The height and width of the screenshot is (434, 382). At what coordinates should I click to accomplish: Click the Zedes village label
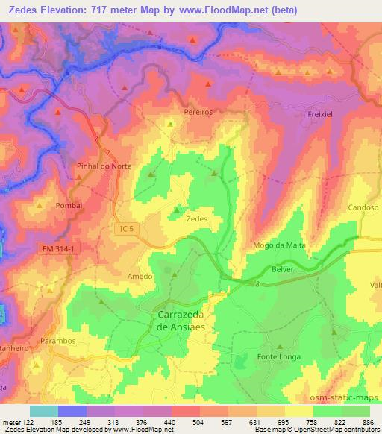point(196,219)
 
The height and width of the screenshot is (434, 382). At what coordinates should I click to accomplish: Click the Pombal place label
point(69,204)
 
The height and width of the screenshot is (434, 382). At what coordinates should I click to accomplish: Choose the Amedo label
point(140,276)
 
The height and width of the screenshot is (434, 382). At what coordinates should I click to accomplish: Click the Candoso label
point(363,208)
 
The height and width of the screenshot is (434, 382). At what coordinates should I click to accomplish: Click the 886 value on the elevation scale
point(369,421)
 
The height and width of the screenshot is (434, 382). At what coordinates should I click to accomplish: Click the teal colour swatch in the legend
point(44,411)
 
